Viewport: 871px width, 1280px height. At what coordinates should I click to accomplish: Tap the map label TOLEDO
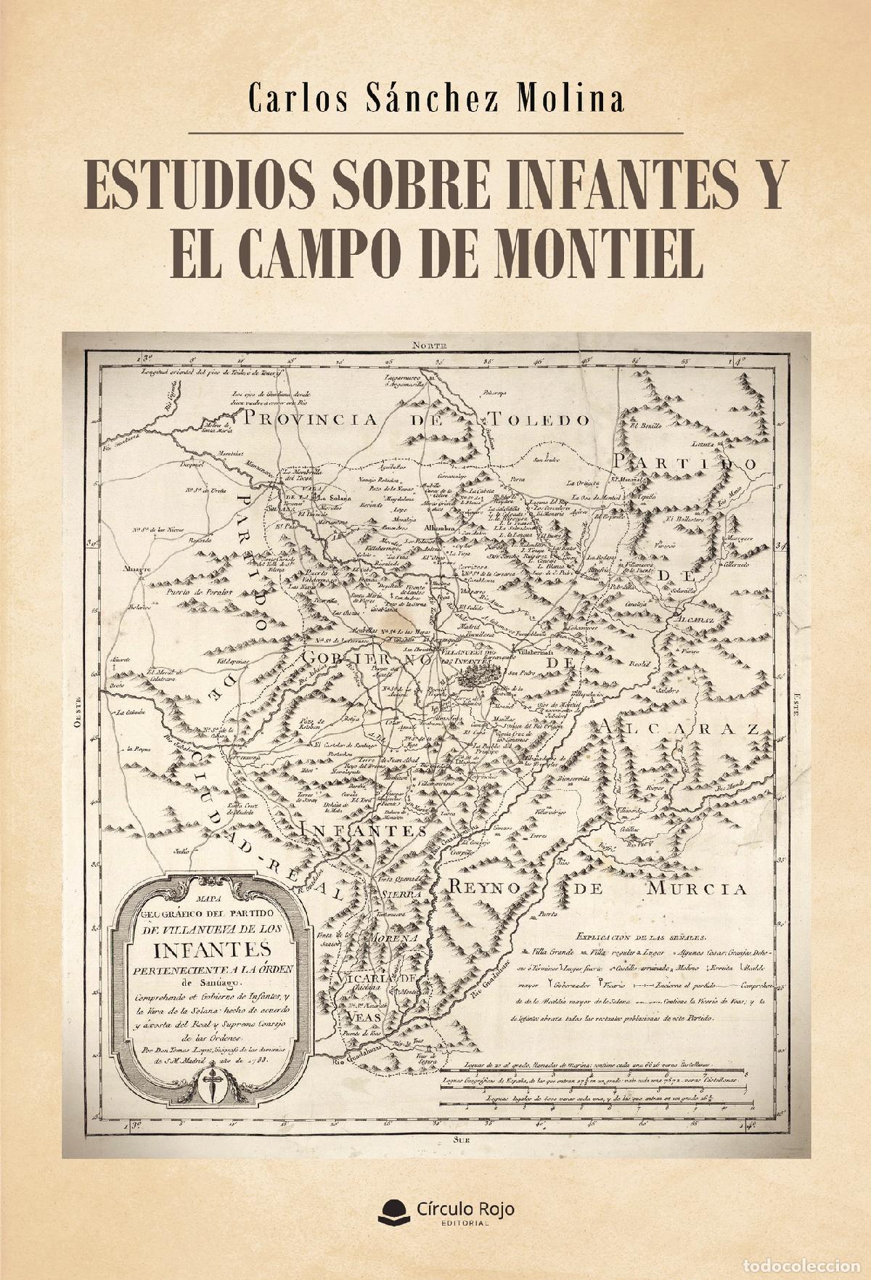538,419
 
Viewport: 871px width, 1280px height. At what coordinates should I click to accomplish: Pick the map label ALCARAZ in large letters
679,728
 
